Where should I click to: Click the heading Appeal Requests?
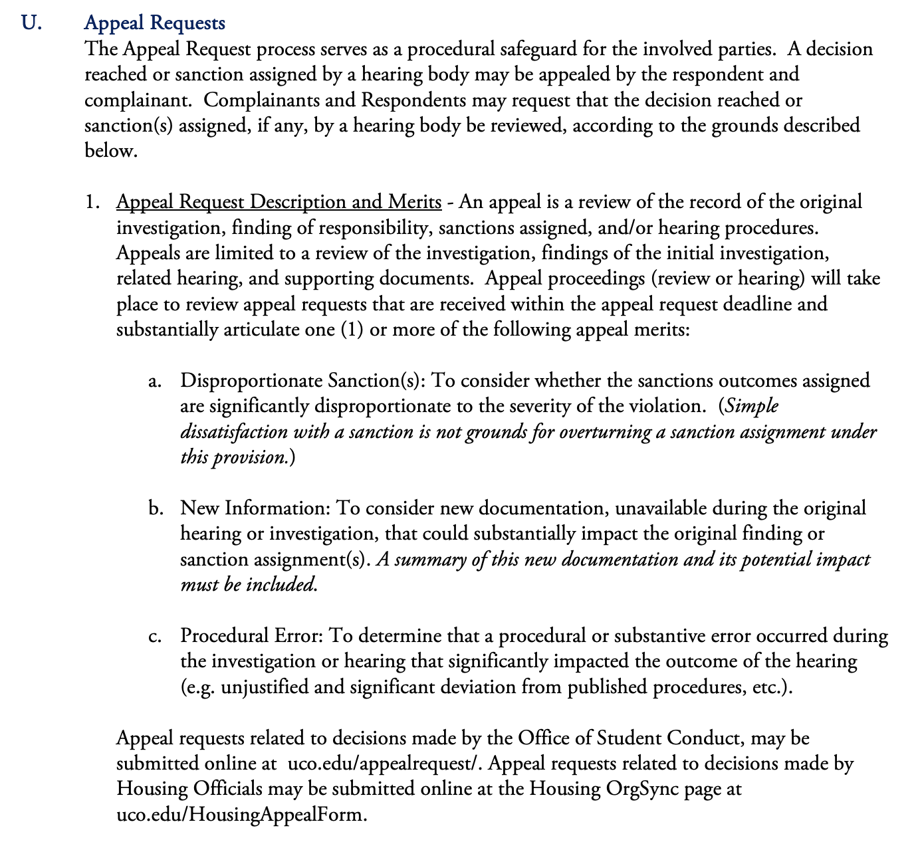(154, 23)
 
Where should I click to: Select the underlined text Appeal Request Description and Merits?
(279, 201)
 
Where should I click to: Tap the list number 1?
(92, 201)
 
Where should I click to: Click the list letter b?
(156, 508)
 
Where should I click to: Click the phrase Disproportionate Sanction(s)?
(304, 381)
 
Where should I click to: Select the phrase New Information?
(255, 508)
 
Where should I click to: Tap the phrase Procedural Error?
(251, 636)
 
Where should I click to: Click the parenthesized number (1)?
(351, 330)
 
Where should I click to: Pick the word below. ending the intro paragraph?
(110, 151)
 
